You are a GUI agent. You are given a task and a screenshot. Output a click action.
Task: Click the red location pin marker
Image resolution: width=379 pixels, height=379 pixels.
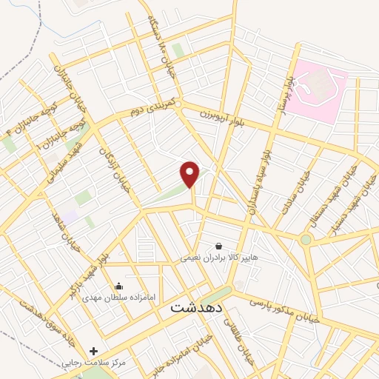click(x=190, y=174)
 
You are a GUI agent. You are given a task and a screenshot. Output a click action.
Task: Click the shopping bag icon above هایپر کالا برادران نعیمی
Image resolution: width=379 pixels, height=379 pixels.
click(x=218, y=246)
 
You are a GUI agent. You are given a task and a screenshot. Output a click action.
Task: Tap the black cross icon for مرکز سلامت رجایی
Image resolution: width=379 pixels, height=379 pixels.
click(x=93, y=350)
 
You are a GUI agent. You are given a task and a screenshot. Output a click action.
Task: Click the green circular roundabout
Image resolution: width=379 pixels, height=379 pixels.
click(x=306, y=239)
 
